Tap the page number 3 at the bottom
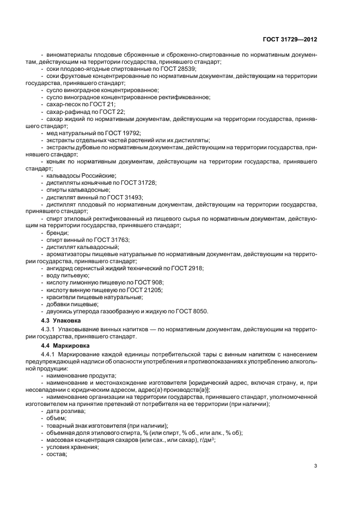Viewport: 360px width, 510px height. (316, 466)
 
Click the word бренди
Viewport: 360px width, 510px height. (57, 233)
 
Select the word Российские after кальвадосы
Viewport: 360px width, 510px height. (98, 175)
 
